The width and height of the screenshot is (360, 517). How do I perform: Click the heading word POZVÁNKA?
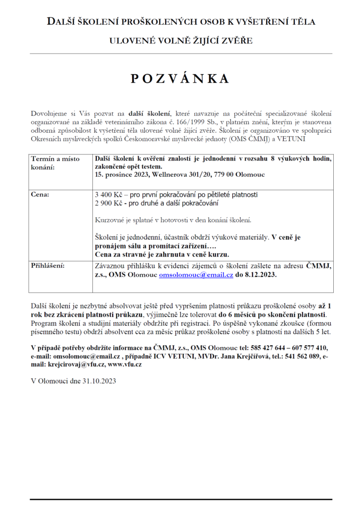[180, 78]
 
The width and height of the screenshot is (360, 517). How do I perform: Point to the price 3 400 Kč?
[108, 194]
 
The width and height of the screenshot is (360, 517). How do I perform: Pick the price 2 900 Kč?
[108, 203]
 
